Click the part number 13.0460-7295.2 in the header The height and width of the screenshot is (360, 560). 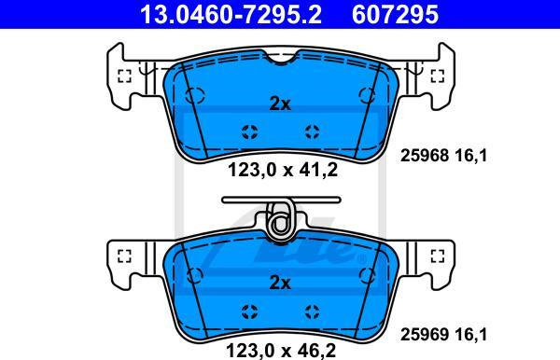point(231,14)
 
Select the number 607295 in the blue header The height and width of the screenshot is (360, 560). point(395,14)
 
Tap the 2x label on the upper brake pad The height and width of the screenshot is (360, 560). point(280,104)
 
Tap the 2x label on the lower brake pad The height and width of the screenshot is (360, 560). point(280,283)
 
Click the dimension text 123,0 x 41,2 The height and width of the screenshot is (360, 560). point(283,170)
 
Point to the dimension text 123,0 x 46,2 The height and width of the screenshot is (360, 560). point(281,351)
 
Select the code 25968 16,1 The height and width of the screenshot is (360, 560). point(443,156)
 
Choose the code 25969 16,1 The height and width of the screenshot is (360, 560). point(443,334)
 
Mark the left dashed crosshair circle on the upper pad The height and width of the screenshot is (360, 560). point(249,132)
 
